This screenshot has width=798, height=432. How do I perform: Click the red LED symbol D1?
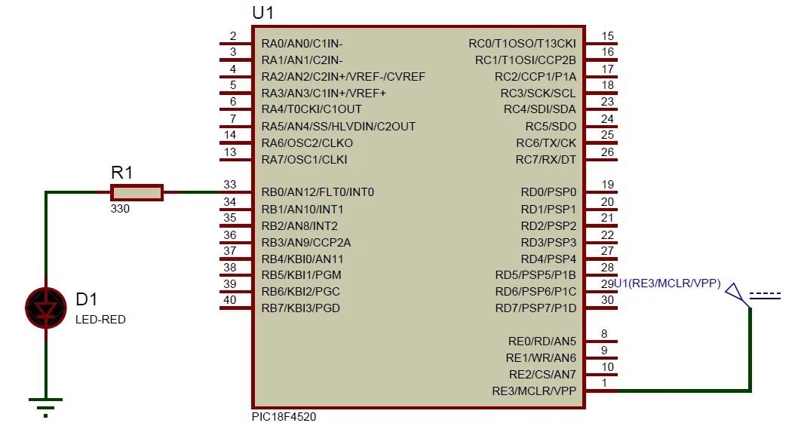[46, 307]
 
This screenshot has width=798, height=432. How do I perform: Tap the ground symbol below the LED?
[46, 403]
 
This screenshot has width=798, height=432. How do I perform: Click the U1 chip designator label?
[262, 13]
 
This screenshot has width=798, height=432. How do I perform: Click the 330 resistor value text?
[120, 209]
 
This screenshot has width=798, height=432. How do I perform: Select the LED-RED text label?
[100, 320]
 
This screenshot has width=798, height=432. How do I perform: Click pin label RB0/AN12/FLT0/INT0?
[318, 192]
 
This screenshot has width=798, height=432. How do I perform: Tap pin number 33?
[231, 184]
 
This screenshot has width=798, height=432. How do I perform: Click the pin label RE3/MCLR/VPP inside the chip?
[534, 391]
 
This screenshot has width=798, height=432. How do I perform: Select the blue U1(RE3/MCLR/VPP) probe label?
[668, 283]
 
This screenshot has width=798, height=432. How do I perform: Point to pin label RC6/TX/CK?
[546, 142]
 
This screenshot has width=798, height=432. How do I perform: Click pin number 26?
[608, 152]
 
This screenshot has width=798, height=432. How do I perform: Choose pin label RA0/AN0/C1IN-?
[302, 43]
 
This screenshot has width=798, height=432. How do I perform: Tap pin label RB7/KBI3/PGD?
[300, 308]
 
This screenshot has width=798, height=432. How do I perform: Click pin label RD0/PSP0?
[548, 192]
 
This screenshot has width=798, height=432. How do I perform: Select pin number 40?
[231, 300]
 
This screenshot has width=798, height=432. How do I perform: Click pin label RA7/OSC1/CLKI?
[304, 159]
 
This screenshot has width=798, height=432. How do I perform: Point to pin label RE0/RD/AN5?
[541, 341]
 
